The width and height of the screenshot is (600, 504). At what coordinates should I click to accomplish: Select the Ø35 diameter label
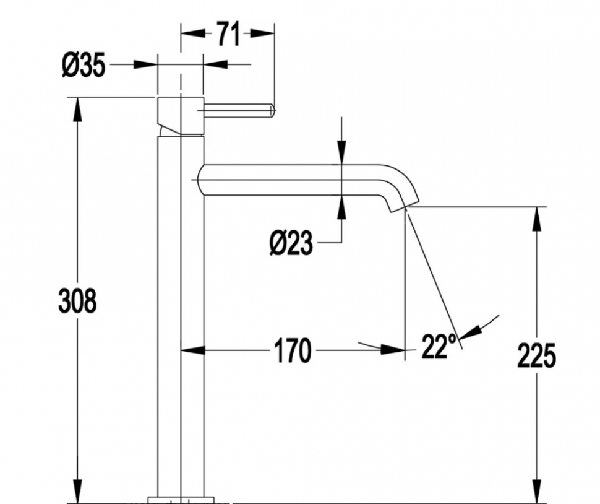tap(83, 65)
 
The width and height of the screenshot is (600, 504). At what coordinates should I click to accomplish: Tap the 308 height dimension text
tap(77, 301)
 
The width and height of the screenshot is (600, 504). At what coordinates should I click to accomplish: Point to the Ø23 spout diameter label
tap(291, 243)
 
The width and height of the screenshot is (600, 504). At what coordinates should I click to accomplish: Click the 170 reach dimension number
tap(292, 350)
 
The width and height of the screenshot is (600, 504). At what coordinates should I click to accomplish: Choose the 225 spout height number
tap(536, 356)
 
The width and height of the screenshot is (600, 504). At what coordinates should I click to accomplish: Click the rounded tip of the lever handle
tap(272, 110)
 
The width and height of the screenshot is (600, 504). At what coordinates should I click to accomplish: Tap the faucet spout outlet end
tap(404, 206)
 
